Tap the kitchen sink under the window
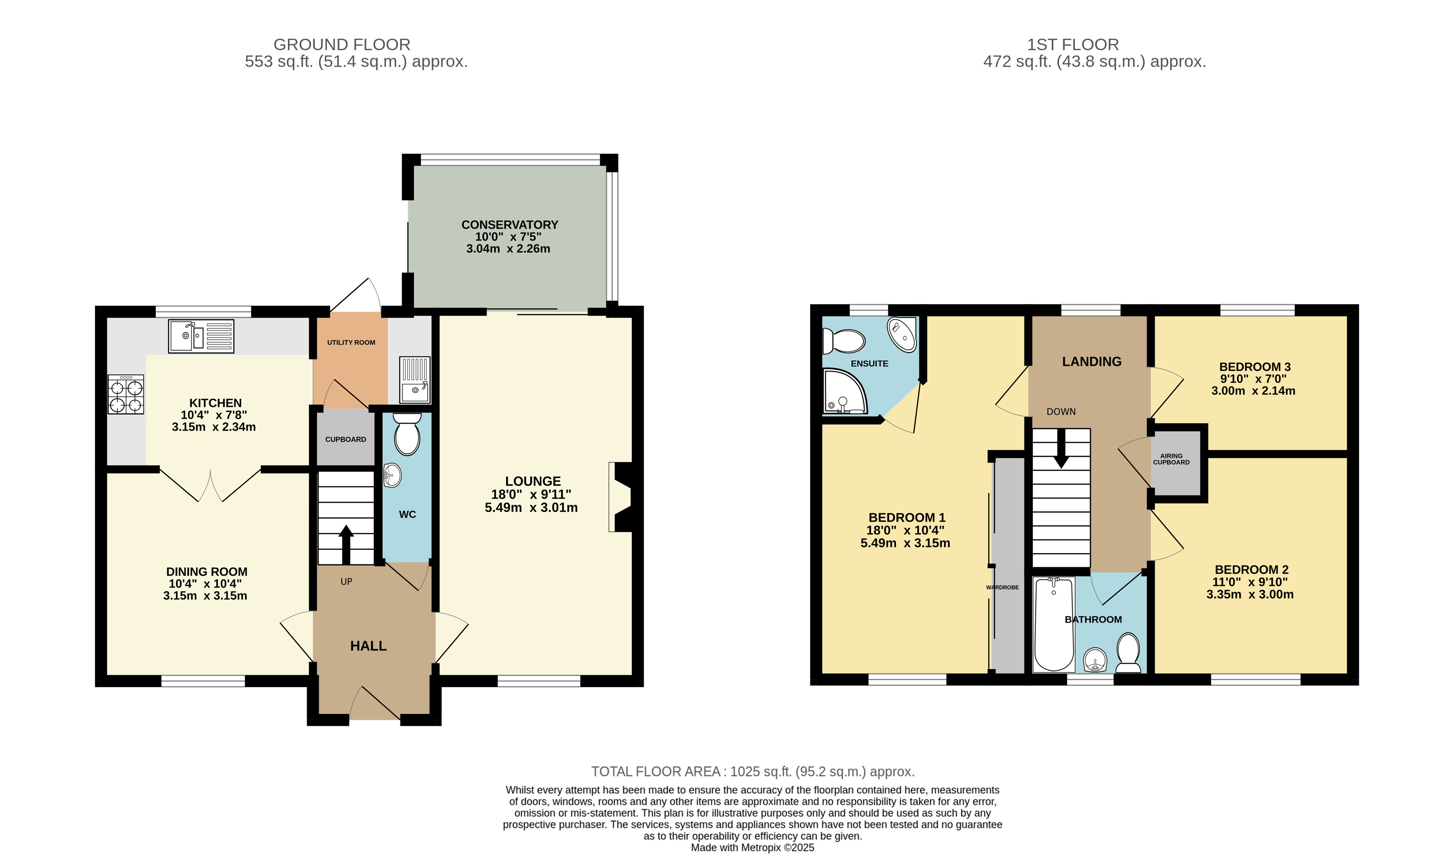point(201,336)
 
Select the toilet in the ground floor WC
point(407,434)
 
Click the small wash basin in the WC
point(392,476)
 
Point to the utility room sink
point(415,380)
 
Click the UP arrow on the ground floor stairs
point(346,544)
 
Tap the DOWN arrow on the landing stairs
point(1061,448)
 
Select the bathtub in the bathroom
point(1054,624)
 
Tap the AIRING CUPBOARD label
point(1171,459)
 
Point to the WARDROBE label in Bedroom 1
point(1002,587)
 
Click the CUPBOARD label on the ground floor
point(346,439)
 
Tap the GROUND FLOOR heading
point(342,44)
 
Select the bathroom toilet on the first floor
point(1128,653)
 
